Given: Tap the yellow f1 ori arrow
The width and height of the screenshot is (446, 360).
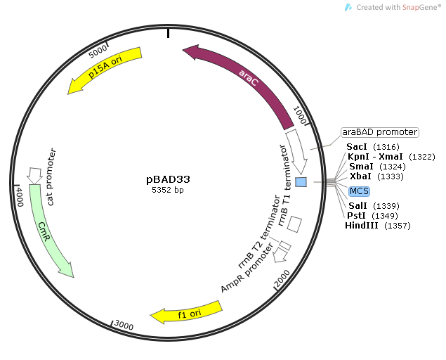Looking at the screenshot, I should point(186,311).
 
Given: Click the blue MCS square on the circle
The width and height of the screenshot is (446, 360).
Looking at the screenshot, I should point(301,182).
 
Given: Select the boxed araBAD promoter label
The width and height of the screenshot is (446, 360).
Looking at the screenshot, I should point(379,131).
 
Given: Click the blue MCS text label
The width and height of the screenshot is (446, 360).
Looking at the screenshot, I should point(359,191).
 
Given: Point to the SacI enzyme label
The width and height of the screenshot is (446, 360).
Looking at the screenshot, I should point(360,146).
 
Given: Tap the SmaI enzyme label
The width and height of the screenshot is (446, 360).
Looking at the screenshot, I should point(362,166).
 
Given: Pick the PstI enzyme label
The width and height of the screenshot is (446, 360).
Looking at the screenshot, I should point(358,214).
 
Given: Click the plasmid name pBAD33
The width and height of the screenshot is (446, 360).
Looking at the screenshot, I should point(168,179).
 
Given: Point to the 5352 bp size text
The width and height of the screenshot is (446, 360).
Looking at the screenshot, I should point(168,190).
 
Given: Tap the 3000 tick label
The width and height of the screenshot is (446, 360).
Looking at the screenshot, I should point(124,324).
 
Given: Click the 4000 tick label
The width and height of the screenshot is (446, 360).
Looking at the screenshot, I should point(20,195).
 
